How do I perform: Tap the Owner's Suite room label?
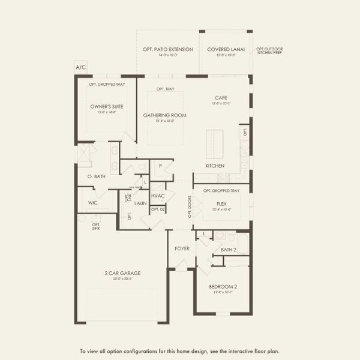103,106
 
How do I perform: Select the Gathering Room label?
164,115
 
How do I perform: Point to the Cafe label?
220,97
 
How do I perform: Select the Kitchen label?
215,166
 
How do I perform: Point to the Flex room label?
221,203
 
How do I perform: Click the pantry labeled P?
160,166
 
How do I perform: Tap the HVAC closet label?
158,196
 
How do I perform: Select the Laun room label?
140,203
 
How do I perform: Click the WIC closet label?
92,203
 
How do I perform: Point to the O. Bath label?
97,176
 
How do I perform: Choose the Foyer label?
182,248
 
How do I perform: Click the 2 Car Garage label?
122,274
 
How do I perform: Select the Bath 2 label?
229,249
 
